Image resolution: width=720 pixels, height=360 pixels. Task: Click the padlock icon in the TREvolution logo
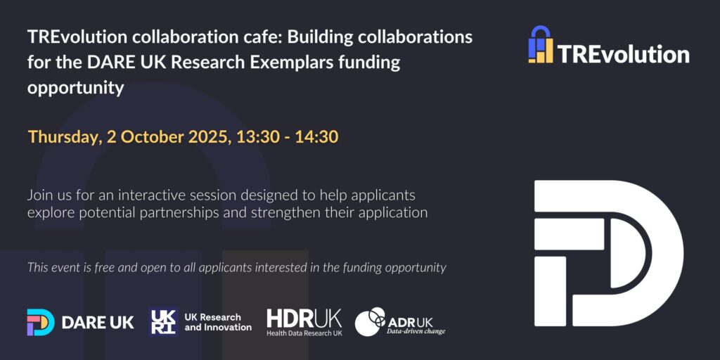pos(541,44)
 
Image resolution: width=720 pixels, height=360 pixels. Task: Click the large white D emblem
pos(608,253)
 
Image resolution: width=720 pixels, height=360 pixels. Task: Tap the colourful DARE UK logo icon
pos(40,322)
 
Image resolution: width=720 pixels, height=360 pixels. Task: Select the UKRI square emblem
pos(163,322)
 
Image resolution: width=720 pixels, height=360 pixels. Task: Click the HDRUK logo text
pos(304,319)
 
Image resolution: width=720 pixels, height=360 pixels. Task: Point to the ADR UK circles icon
pos(370,321)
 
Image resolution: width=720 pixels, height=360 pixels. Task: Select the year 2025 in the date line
pos(208,137)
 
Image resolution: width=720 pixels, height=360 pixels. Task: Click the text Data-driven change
pos(416,331)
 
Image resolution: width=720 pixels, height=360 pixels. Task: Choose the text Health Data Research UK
pos(304,333)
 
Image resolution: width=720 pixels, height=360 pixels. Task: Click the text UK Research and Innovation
pos(218,322)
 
